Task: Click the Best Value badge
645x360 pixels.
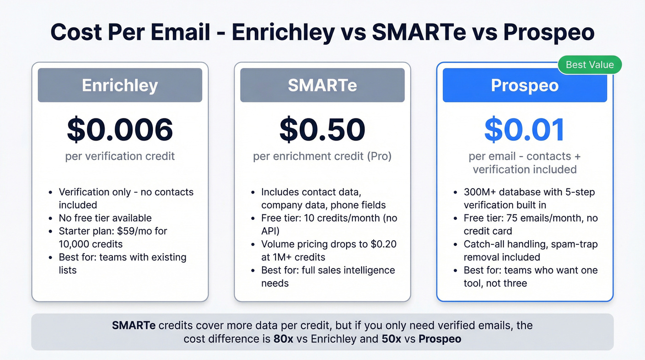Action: [590, 65]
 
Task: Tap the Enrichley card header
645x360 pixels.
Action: [120, 85]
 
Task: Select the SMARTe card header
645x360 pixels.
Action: [322, 85]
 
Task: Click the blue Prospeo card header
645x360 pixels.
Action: [524, 85]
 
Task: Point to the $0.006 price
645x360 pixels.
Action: [120, 130]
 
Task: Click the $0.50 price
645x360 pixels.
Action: [322, 130]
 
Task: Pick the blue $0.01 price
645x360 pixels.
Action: [524, 130]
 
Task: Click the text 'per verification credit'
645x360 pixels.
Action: [120, 156]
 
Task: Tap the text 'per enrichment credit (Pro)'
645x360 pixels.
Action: [322, 156]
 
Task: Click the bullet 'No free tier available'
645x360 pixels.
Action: [105, 218]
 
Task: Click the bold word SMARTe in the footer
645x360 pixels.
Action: [133, 325]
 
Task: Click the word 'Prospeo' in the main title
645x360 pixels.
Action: [548, 33]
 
